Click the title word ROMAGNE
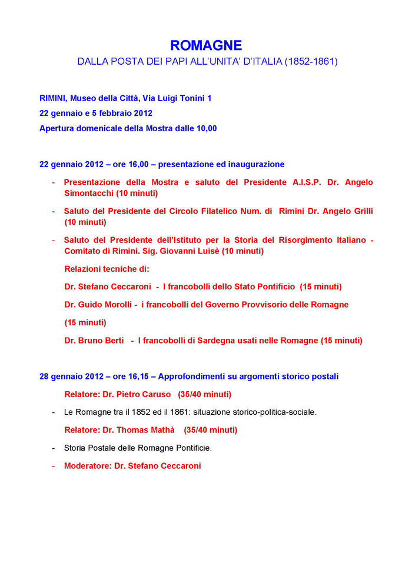pos(205,45)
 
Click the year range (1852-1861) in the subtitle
pos(311,61)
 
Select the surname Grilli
pos(360,211)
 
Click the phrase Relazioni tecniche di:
pos(107,269)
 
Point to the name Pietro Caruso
pos(137,394)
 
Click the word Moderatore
pos(89,466)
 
